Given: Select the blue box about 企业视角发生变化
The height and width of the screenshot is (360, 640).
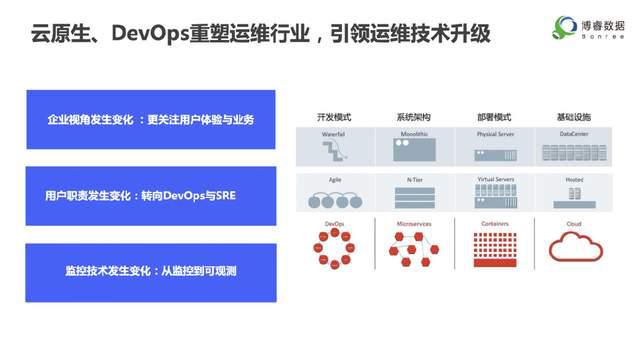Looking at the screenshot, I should point(150,120).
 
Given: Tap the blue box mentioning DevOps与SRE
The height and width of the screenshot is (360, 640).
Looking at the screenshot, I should point(150,196).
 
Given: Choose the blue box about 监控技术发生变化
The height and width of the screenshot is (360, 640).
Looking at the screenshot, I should point(150,271).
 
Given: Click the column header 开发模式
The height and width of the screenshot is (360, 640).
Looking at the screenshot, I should point(334,116).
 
